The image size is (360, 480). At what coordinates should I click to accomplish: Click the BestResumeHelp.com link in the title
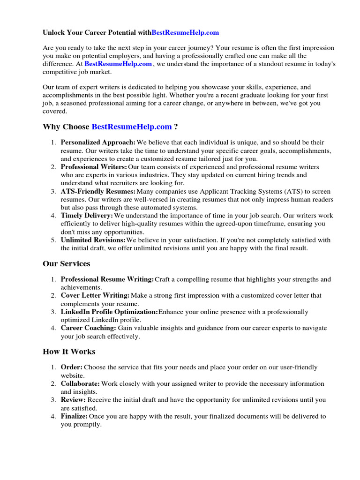(185, 33)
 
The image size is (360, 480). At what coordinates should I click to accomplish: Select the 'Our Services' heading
(67, 264)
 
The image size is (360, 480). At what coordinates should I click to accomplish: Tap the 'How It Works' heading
(69, 352)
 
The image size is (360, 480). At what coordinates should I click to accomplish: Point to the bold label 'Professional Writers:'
(94, 167)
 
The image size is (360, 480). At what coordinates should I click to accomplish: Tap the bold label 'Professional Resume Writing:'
(107, 279)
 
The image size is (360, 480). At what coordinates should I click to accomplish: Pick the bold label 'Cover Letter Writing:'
(95, 296)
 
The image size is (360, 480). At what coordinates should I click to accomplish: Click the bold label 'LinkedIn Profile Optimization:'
(109, 312)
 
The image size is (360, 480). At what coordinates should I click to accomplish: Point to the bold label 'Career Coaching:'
(89, 328)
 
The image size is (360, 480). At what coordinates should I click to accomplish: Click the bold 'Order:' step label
(72, 367)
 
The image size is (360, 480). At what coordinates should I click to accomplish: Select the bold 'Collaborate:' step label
(80, 384)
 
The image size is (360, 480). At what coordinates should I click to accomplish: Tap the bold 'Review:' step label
(73, 400)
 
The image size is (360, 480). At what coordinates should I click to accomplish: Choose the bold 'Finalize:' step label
(74, 416)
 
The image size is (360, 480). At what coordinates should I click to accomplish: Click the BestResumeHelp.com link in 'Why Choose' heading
(132, 127)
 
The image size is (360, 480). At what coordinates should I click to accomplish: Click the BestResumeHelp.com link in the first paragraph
(118, 64)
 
